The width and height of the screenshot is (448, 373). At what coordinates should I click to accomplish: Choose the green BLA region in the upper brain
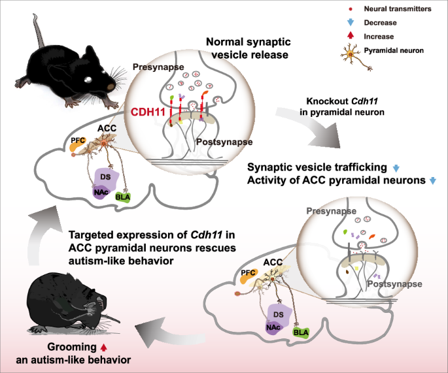(x=122, y=195)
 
